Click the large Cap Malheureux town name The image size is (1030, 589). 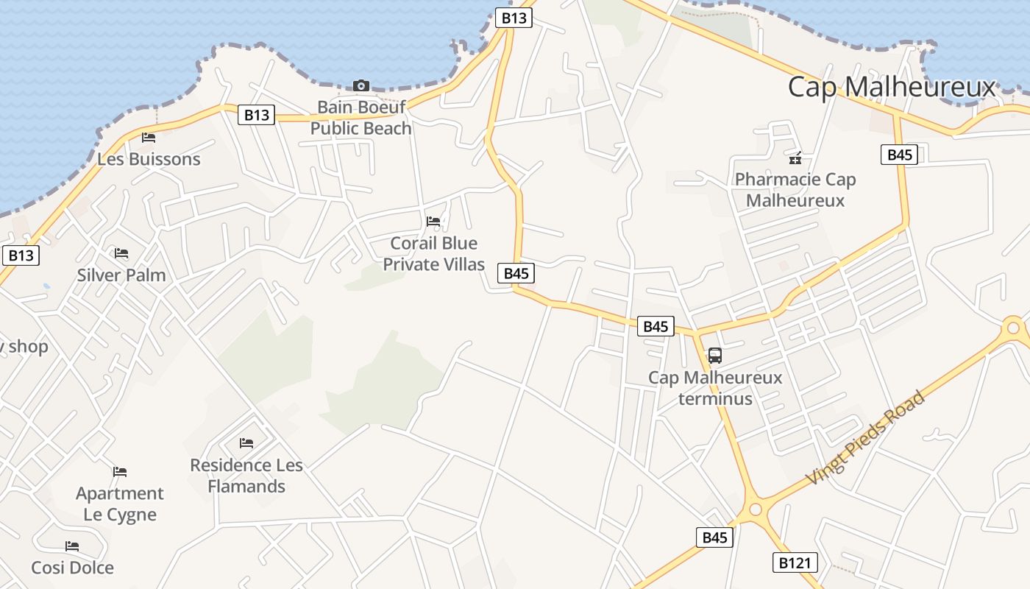coord(891,87)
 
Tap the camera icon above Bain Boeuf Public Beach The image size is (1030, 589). coord(360,85)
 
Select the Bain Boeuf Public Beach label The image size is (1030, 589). coord(360,118)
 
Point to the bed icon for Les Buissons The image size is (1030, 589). coord(149,137)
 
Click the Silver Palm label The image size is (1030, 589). coord(121,275)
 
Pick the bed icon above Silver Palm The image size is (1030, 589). coord(121,253)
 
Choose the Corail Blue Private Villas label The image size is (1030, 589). coord(434,253)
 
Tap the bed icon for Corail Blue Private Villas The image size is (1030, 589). coord(433,221)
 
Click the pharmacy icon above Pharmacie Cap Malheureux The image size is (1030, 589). coord(795,157)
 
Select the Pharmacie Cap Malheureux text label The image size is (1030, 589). coord(795,190)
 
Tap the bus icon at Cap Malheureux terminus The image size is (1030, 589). coord(714,356)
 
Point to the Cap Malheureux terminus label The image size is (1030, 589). coord(715,388)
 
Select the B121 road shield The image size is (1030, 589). coord(795,563)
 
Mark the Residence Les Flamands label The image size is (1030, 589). coord(246,476)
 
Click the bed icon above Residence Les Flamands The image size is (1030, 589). coord(246,442)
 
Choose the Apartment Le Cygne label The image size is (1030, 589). coord(120,504)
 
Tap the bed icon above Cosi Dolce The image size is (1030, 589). coord(72,546)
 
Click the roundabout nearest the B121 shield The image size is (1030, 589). coord(755,509)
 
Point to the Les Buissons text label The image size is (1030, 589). coord(149,159)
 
